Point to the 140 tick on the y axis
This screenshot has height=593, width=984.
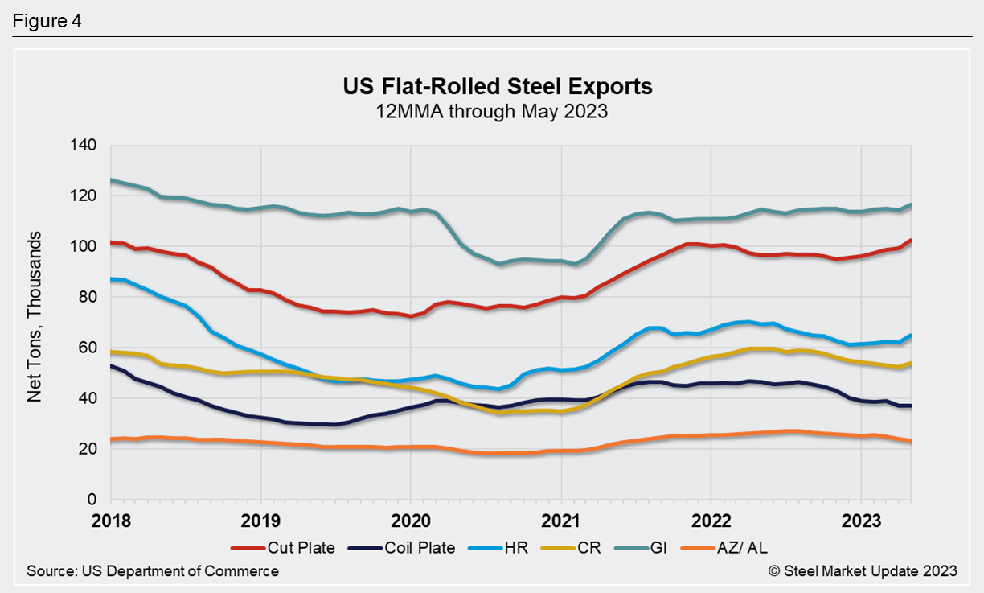84,146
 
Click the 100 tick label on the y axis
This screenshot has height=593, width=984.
84,247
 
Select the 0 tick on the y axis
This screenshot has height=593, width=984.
92,500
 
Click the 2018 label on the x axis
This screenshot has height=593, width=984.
111,520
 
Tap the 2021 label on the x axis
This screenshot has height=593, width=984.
560,520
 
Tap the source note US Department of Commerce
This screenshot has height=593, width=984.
153,571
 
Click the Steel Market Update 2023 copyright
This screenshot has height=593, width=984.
863,571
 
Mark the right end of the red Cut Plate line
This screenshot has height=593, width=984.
911,240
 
